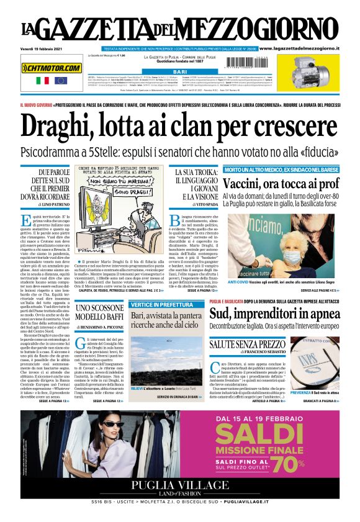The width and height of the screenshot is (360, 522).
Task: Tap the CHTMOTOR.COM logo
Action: [x=52, y=68]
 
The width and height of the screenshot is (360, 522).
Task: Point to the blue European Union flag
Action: [x=60, y=81]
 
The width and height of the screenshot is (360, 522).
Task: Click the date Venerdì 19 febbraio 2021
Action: [x=45, y=48]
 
